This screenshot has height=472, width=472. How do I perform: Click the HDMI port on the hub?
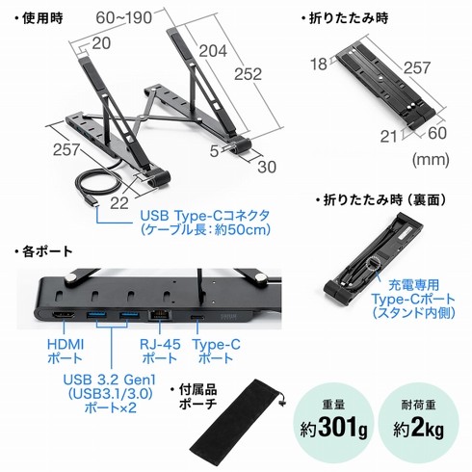click(x=64, y=315)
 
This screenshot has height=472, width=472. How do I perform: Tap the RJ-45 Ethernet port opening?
click(x=159, y=315)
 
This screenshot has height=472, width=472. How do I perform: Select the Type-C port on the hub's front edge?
click(x=197, y=317)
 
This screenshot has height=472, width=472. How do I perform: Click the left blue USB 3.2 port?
click(x=96, y=315)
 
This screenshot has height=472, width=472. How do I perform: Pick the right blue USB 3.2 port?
click(x=129, y=315)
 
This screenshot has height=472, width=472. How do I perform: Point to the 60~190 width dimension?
click(x=124, y=17)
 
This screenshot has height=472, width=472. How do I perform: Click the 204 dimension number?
click(x=213, y=51)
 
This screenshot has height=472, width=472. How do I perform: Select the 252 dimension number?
click(x=248, y=74)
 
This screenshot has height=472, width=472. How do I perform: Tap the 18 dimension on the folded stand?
click(x=319, y=64)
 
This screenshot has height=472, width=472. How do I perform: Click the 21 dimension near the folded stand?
click(x=389, y=137)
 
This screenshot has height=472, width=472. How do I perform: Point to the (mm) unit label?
click(x=431, y=159)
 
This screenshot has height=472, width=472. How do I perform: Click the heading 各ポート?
click(x=43, y=251)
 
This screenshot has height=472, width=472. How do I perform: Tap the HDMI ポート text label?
click(x=66, y=351)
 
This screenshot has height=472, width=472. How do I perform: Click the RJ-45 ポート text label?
click(x=160, y=351)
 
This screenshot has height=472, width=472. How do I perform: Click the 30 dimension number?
click(x=267, y=167)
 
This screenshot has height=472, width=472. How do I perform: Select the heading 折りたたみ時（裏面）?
click(x=381, y=200)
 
